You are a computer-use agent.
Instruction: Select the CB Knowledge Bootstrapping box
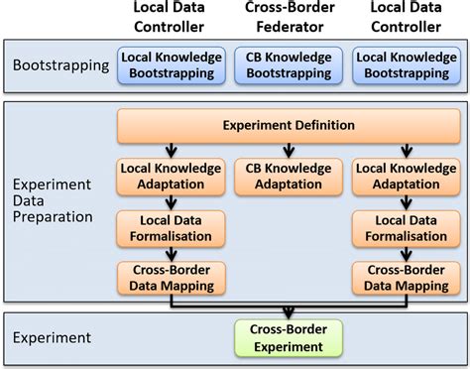[x=289, y=65]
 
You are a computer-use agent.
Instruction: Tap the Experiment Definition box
[x=289, y=125]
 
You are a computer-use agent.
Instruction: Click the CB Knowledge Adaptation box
[x=289, y=177]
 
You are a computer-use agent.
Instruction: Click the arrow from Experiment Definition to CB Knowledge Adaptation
[x=289, y=150]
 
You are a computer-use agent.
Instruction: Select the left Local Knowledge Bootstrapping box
[x=171, y=65]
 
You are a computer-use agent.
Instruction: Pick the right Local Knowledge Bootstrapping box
[x=406, y=65]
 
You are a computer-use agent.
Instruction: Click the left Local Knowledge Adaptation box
[x=171, y=177]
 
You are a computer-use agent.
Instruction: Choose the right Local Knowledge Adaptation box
[x=406, y=177]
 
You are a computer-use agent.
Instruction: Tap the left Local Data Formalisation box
[x=171, y=227]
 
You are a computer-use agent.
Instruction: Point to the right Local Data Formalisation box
[x=406, y=227]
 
